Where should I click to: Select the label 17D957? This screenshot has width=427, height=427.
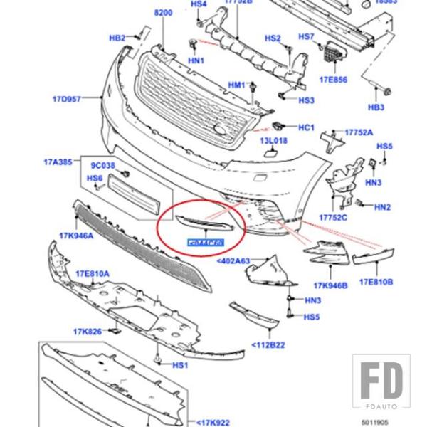pos(68,100)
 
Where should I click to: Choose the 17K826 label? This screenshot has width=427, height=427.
pos(87,330)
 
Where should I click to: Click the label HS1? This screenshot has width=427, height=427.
pos(180,365)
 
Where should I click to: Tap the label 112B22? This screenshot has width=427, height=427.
pos(268,345)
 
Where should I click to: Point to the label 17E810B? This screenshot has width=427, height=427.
pos(376,283)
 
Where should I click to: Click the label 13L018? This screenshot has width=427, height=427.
pos(273,142)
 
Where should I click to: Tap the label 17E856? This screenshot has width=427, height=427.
pos(333,80)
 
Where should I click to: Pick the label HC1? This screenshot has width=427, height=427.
pos(306,128)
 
